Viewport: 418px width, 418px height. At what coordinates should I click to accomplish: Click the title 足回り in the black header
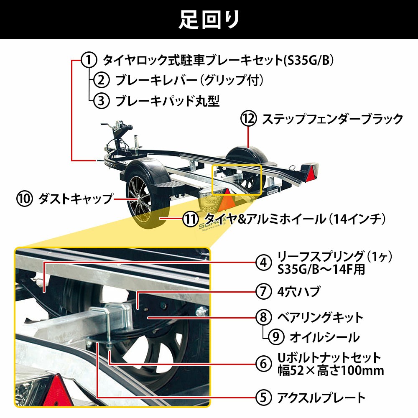click(209, 20)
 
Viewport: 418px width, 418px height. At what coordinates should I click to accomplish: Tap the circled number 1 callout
click(89, 60)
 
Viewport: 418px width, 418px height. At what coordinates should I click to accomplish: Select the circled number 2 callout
click(101, 80)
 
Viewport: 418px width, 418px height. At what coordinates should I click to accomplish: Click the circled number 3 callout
click(101, 100)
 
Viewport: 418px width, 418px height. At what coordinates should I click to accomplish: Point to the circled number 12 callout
click(248, 119)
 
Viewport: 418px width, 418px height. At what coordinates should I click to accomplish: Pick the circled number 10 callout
click(25, 199)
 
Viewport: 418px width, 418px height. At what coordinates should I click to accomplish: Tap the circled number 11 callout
click(191, 219)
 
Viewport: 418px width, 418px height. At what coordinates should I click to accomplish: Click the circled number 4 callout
click(264, 263)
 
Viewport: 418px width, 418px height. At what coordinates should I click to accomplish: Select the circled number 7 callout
click(264, 291)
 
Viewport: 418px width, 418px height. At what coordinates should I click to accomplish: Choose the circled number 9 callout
click(276, 337)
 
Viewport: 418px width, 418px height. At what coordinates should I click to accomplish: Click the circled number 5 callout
click(264, 398)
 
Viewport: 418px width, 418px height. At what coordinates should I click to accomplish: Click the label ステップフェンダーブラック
click(332, 119)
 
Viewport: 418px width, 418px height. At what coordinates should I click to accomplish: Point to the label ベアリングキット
click(320, 317)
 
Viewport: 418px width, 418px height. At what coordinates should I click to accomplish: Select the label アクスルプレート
click(321, 398)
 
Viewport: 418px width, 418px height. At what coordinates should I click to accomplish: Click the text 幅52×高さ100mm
click(331, 370)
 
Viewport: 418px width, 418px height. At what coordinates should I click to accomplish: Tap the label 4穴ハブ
click(298, 291)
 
